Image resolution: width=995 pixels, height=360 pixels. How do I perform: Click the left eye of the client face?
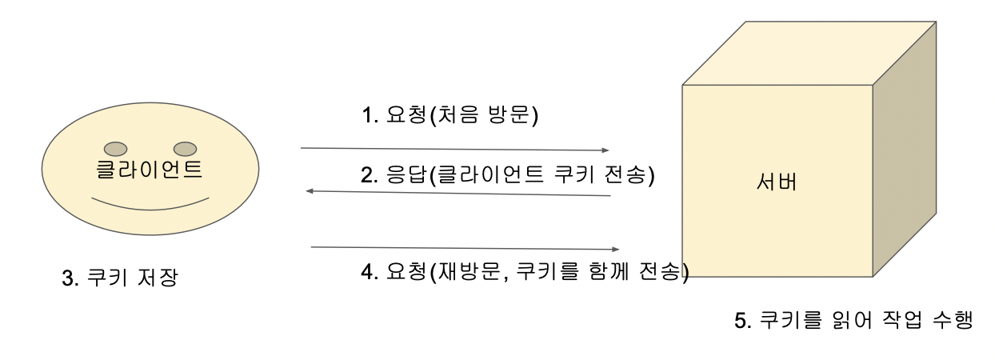pos(115,148)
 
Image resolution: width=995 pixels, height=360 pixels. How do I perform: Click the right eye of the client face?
pos(185,148)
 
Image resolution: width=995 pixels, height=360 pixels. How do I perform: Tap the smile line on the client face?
pos(150,203)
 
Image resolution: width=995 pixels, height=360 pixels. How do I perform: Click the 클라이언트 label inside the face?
pos(150,170)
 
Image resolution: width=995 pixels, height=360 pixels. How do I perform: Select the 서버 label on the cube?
pos(777,182)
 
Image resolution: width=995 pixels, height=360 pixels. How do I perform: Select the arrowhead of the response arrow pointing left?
pos(312,191)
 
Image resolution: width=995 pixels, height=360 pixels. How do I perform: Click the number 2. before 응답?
pos(370,176)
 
